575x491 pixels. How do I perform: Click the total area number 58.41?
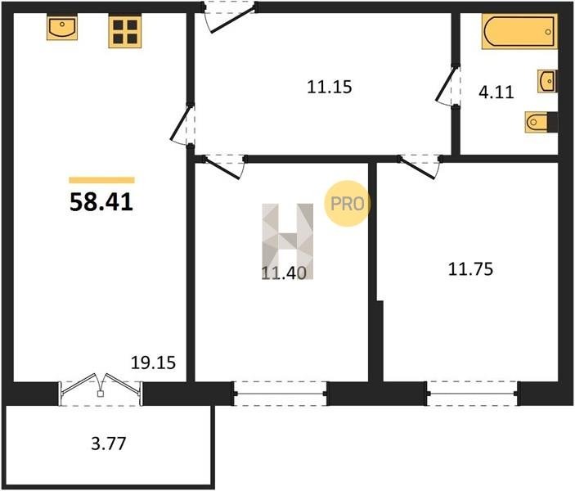tap(101, 202)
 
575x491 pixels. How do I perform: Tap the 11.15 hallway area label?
tap(330, 87)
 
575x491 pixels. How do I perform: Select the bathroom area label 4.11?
tap(496, 92)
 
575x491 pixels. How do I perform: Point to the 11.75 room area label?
tap(470, 269)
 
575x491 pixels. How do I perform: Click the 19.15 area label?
tap(153, 363)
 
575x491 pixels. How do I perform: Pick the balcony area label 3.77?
tap(109, 444)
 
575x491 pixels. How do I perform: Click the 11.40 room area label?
tap(284, 273)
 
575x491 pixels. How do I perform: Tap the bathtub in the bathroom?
tap(519, 31)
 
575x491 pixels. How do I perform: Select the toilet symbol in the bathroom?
tap(541, 121)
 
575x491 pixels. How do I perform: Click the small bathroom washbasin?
tap(547, 81)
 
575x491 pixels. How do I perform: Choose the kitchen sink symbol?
tap(62, 27)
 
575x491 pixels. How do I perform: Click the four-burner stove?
tap(124, 31)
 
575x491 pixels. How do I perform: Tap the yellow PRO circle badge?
tap(347, 203)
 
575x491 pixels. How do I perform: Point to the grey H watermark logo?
tap(288, 241)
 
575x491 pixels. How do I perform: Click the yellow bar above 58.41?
tap(101, 180)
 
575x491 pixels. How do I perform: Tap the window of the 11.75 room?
tap(472, 394)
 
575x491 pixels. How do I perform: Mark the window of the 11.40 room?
tap(281, 394)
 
